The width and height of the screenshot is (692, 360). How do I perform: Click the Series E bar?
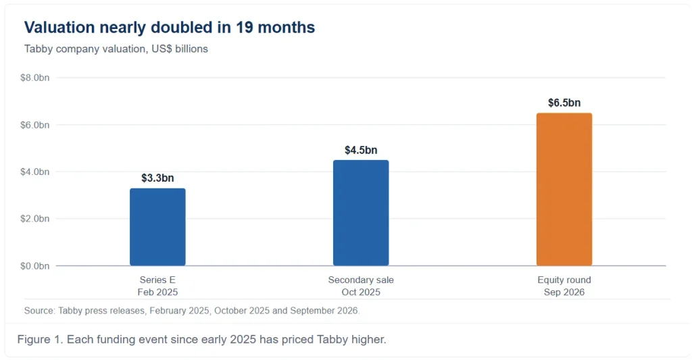point(157,227)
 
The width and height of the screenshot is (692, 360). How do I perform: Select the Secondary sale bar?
point(361,213)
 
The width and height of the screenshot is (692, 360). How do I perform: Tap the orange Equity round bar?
point(564,190)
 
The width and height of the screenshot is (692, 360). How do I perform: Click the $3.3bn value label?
point(157,178)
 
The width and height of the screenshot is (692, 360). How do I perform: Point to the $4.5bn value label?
point(361,150)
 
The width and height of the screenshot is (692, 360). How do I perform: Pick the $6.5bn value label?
point(564,103)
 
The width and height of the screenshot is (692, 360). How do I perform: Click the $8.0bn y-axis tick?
point(35,78)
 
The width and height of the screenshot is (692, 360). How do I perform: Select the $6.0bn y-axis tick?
point(35,126)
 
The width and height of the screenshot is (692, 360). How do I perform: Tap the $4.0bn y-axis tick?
point(35,172)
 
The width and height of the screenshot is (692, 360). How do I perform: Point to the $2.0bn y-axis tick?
point(35,219)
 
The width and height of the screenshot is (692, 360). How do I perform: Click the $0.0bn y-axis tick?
point(35,266)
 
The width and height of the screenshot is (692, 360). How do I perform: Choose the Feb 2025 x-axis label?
point(157,292)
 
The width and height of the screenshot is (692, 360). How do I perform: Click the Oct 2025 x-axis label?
point(361,292)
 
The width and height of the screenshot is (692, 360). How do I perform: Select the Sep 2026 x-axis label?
point(564,292)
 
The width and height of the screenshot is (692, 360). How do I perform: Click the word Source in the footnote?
point(40,311)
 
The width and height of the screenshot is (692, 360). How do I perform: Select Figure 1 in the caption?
point(40,339)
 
